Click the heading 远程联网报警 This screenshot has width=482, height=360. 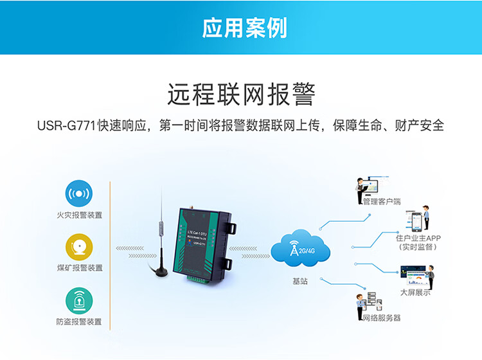click(241, 94)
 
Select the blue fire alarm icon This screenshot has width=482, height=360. click(79, 194)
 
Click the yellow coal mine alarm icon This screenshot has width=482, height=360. click(79, 247)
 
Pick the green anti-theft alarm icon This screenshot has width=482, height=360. click(79, 300)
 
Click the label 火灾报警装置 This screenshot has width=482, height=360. click(79, 215)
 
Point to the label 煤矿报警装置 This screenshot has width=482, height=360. click(79, 267)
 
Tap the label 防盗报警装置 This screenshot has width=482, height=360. click(79, 321)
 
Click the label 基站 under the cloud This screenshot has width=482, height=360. click(300, 281)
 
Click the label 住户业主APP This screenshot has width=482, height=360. click(418, 238)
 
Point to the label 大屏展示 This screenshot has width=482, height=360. click(415, 292)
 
